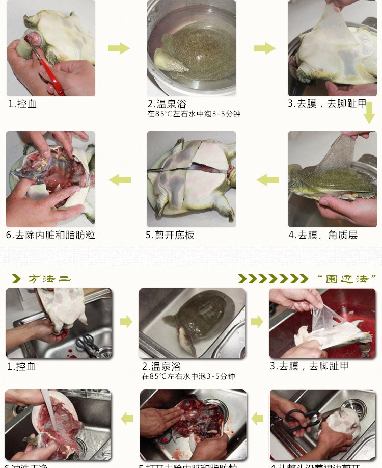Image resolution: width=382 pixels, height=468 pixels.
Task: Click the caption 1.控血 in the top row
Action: (22, 104)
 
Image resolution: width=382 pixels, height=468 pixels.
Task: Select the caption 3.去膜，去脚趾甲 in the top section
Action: (326, 104)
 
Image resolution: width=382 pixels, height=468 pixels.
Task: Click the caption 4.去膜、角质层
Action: (323, 235)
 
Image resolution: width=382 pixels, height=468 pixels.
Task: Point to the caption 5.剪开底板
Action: (170, 235)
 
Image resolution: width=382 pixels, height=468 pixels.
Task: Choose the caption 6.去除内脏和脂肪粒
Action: (50, 235)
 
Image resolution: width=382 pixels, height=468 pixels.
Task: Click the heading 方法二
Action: (49, 279)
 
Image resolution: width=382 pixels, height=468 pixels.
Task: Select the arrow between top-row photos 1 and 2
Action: (119, 48)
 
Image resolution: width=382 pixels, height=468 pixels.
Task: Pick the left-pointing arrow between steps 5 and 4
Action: (268, 180)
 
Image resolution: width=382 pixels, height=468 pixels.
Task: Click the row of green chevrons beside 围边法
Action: (273, 279)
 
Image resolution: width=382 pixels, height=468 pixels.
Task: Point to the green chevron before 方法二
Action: (17, 279)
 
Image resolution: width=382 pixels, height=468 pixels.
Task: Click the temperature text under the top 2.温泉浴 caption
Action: (194, 114)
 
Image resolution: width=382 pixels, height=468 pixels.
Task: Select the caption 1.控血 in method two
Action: (21, 366)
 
